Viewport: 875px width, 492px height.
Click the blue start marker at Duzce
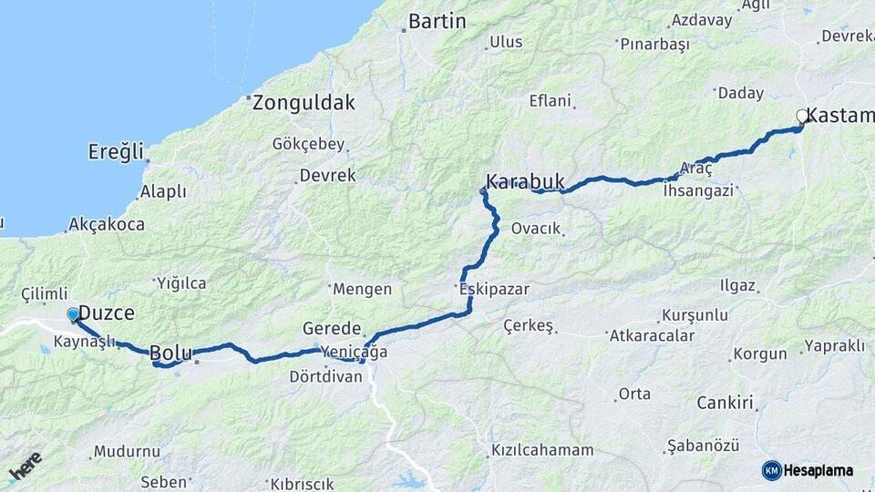(73, 314)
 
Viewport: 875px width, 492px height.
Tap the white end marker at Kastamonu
(802, 116)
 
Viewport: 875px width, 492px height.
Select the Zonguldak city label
(304, 102)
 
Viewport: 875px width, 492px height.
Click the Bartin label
(437, 21)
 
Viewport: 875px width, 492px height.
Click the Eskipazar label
(494, 289)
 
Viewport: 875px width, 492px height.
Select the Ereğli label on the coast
(116, 151)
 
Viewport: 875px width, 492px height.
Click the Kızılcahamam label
(542, 450)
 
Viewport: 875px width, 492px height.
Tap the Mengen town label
(362, 289)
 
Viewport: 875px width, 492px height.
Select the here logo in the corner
(25, 466)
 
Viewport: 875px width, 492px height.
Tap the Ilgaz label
(737, 286)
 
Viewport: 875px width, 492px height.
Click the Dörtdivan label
(324, 375)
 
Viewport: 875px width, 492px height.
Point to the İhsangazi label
(698, 190)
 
